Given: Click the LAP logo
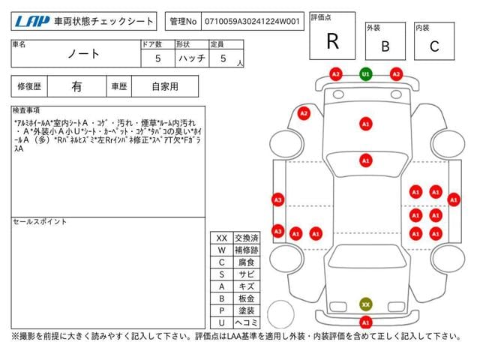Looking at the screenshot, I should (32, 22).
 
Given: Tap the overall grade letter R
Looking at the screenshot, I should (332, 41).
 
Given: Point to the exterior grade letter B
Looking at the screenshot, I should (385, 46).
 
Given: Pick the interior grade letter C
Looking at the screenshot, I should (434, 46).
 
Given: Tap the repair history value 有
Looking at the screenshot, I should (76, 86).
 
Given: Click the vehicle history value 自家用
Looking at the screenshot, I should (165, 86).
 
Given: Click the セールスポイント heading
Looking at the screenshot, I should (40, 222).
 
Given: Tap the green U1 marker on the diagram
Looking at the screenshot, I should (365, 74).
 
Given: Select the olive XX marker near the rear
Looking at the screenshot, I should (365, 304).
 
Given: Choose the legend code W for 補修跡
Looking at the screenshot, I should (221, 250).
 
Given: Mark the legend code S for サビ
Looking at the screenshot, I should (221, 274).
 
